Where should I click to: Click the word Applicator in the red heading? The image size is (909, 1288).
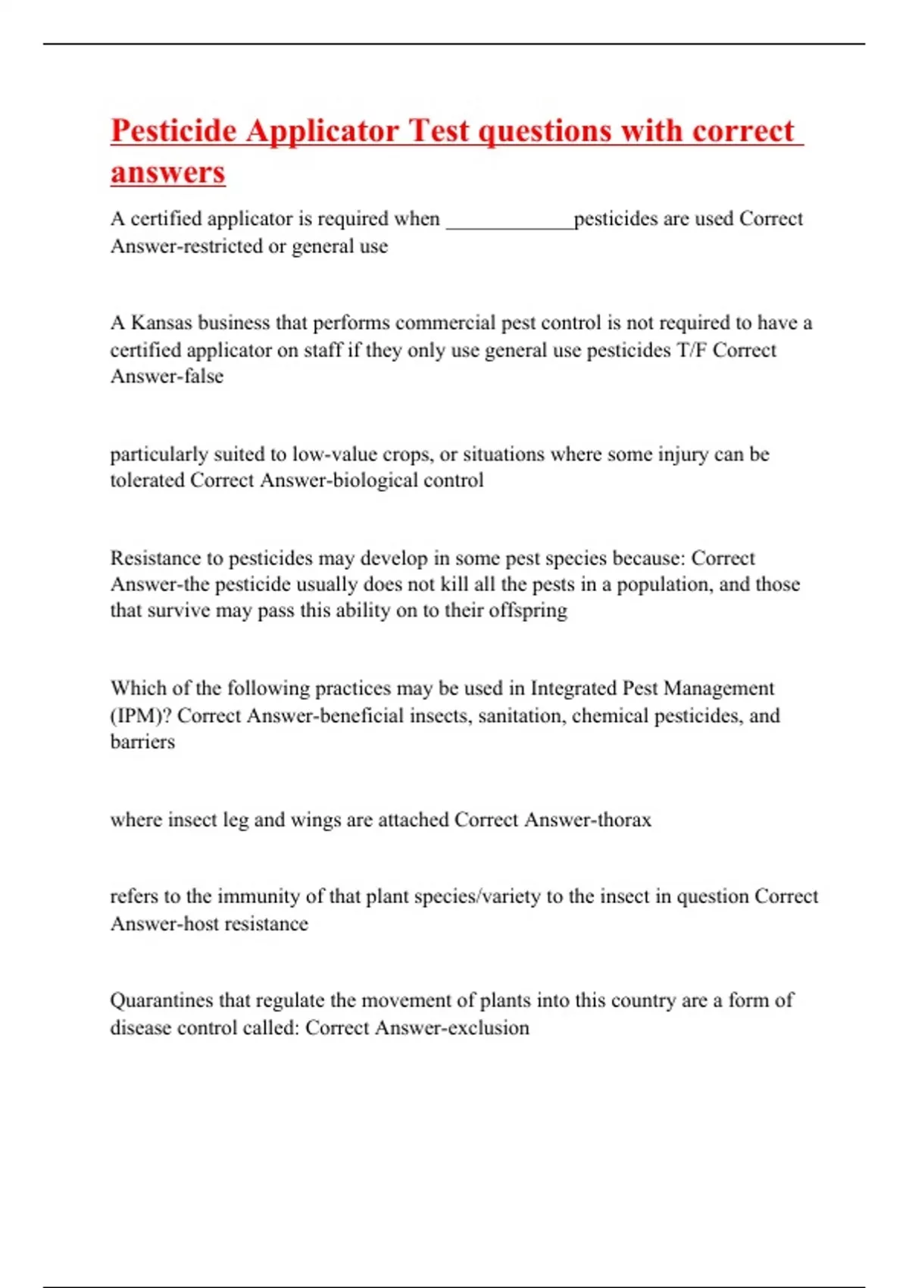point(322,130)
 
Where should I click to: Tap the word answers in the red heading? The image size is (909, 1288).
point(167,172)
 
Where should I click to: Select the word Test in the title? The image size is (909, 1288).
point(439,130)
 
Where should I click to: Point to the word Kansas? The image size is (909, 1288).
point(161,323)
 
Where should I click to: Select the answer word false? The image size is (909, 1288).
point(204,377)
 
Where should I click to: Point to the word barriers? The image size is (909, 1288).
point(142,742)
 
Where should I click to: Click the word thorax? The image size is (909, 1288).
point(623,820)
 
